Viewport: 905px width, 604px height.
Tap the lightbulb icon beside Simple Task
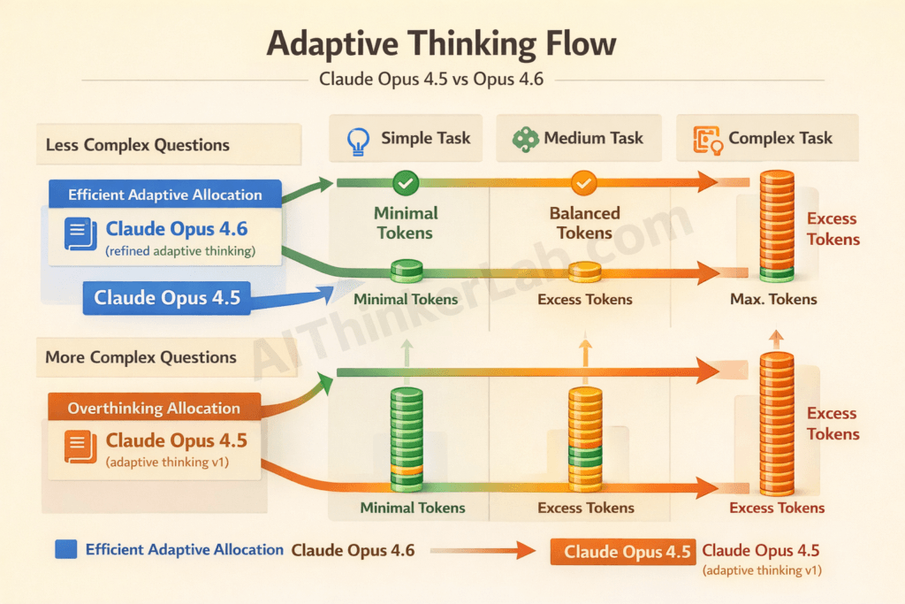[x=358, y=141]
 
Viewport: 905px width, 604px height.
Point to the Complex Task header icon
[x=707, y=140]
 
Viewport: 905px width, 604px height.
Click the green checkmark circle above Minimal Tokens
[x=405, y=183]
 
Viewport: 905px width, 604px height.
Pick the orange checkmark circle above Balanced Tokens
[x=584, y=183]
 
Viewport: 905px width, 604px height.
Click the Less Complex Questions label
[x=137, y=145]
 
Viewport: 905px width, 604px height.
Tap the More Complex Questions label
[x=141, y=357]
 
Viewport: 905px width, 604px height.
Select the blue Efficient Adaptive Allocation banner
[x=164, y=195]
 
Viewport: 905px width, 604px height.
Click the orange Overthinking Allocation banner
[x=154, y=408]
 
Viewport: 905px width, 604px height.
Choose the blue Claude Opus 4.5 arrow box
[x=167, y=298]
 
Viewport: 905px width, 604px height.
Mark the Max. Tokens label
[x=773, y=300]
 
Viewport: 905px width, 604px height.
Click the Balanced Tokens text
[x=584, y=223]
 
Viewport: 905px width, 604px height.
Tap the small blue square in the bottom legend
[x=66, y=549]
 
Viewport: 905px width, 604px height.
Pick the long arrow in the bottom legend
[x=482, y=550]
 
